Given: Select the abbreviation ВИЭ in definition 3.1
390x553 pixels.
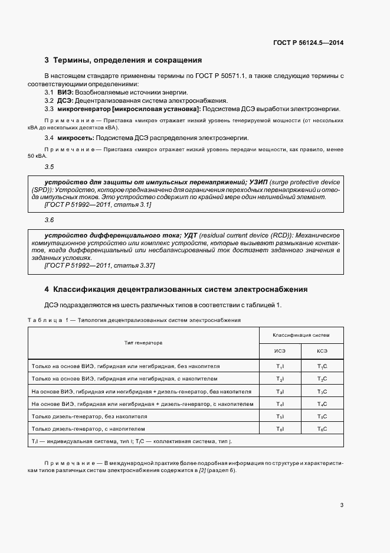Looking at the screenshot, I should [x=64, y=93].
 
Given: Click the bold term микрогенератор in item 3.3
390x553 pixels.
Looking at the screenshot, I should [x=79, y=109].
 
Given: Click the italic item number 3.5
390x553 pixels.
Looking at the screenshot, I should [x=49, y=167].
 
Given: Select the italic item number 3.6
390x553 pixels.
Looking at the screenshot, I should [x=49, y=220].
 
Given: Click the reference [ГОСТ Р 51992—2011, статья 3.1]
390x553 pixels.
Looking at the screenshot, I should [x=98, y=204].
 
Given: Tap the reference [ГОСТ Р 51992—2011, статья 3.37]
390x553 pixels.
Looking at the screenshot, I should [x=100, y=266].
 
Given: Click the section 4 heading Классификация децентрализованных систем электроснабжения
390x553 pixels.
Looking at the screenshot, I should [x=180, y=289].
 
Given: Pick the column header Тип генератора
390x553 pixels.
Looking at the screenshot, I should [x=143, y=343].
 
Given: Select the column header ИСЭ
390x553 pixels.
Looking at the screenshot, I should [x=280, y=351].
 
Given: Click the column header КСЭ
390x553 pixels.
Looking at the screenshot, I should [x=322, y=351].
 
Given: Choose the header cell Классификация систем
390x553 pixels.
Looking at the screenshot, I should [x=301, y=335].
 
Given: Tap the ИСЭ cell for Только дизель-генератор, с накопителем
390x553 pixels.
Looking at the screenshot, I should [x=280, y=429].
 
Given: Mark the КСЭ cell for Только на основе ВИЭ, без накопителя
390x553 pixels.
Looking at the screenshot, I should [x=322, y=366].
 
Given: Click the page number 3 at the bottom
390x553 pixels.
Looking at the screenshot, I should [x=342, y=505].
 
